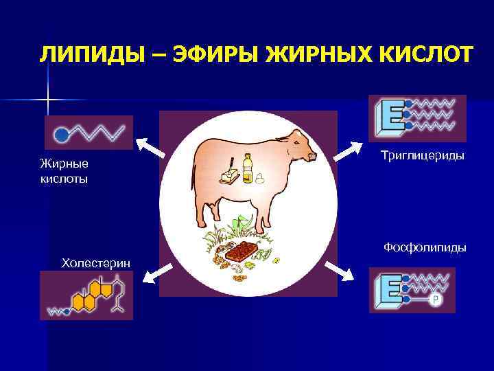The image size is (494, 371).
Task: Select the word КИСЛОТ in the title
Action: (421, 54)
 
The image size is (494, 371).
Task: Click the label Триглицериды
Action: (423, 156)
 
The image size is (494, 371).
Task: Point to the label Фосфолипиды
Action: (425, 247)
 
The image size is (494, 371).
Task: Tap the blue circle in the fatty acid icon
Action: (61, 133)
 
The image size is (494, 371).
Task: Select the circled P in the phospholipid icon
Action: (434, 300)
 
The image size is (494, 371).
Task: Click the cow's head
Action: (303, 147)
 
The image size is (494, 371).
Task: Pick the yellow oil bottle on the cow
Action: (247, 169)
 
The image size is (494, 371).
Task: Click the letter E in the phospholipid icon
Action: (390, 290)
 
